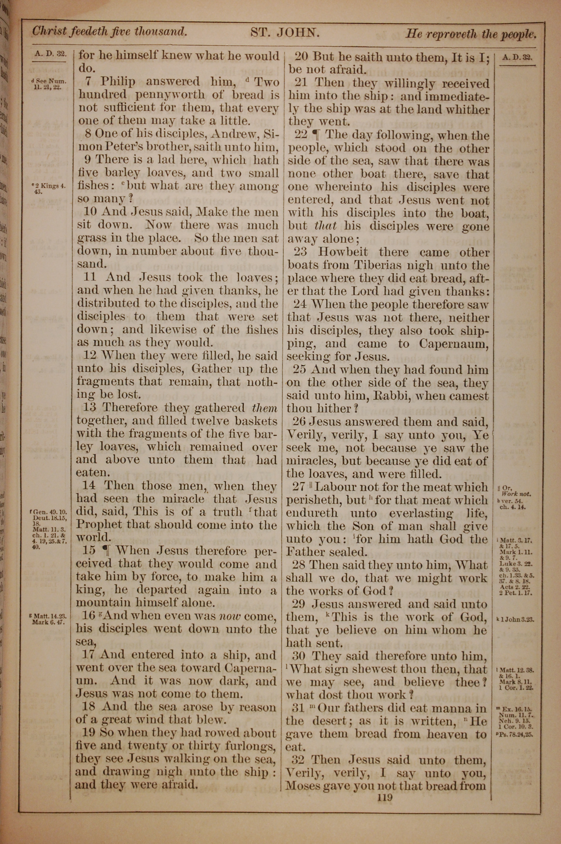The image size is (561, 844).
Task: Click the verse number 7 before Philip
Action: (x=89, y=82)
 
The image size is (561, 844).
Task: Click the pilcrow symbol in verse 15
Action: (x=107, y=551)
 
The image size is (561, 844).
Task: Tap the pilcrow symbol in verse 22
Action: (x=316, y=135)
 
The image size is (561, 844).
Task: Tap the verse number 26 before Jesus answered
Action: (x=300, y=422)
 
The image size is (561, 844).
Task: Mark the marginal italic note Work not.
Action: (x=517, y=494)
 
